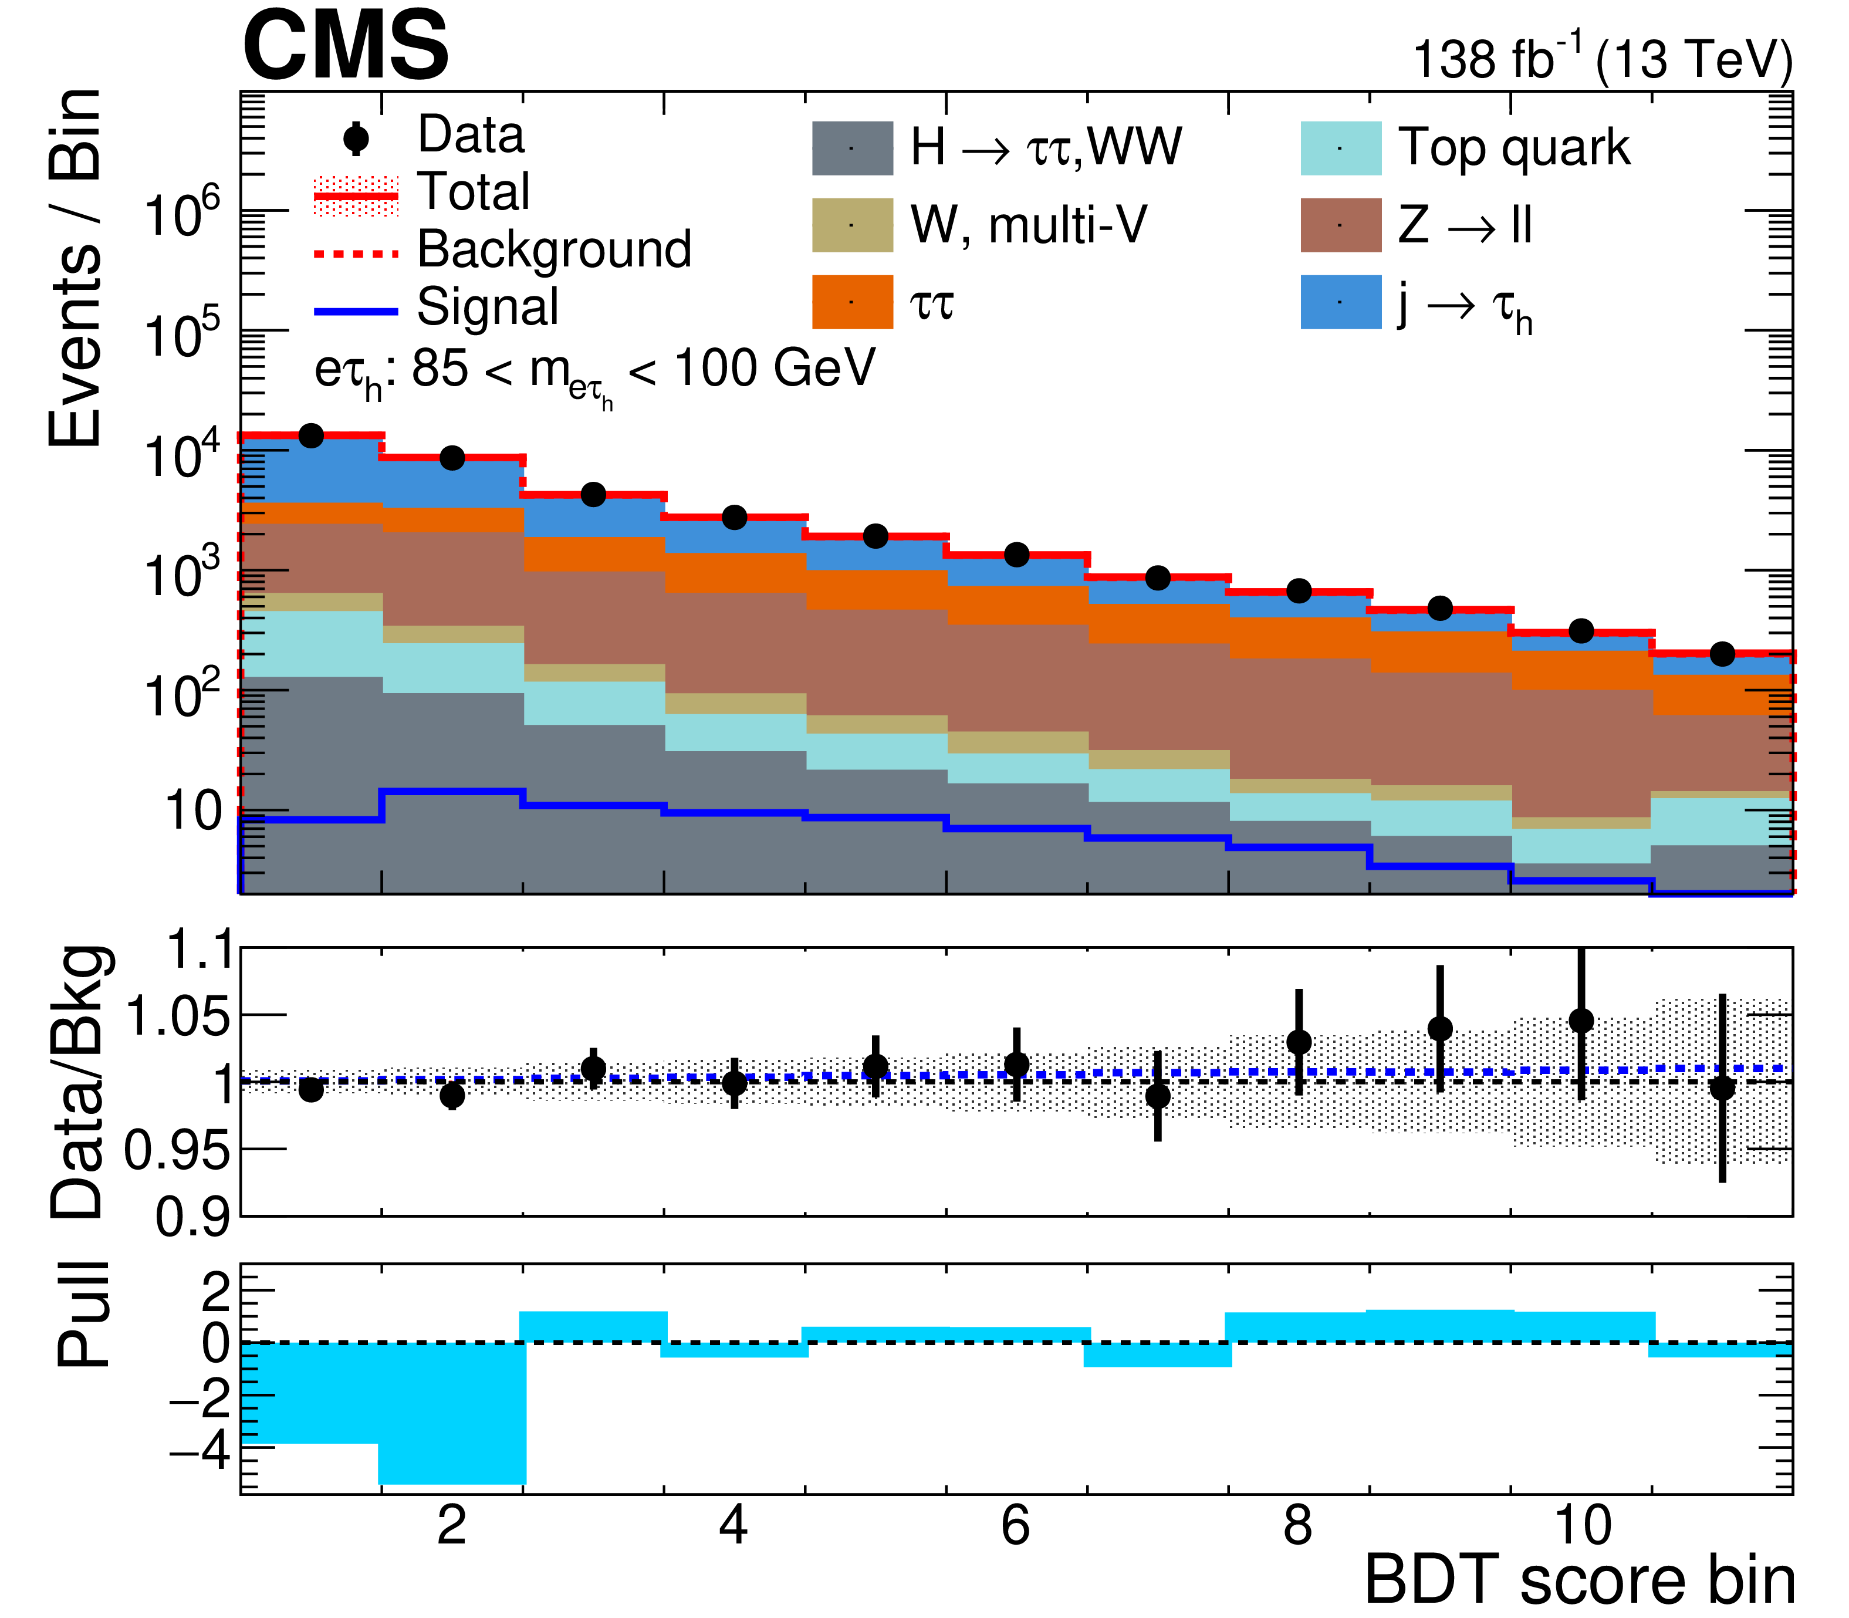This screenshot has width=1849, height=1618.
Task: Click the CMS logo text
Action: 345,47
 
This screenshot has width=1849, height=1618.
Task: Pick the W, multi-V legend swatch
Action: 852,225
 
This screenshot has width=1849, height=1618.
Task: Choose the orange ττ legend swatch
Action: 852,302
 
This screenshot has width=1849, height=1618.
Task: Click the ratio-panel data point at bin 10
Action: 1581,1021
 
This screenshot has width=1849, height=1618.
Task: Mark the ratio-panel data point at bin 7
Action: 1157,1096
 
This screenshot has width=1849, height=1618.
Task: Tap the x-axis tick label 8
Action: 1297,1525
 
